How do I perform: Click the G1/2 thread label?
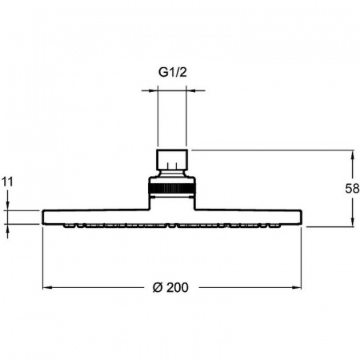[173, 72]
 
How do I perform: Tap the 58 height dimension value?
[352, 189]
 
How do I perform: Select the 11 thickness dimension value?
[7, 182]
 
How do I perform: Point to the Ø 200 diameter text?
[170, 287]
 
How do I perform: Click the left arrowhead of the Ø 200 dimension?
[47, 287]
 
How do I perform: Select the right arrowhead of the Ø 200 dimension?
[297, 287]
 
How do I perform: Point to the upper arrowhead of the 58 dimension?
[353, 155]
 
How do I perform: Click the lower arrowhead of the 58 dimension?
[353, 222]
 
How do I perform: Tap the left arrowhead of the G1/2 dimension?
[154, 90]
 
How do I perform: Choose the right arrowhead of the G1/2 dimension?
[190, 90]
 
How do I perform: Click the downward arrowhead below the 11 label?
[7, 206]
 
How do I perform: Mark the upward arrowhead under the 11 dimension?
[7, 229]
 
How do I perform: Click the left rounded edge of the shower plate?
[43, 218]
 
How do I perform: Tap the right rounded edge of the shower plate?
[301, 218]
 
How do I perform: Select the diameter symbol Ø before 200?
[158, 287]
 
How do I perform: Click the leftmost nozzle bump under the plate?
[70, 226]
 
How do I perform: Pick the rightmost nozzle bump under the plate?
[274, 226]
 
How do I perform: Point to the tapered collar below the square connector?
[172, 173]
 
